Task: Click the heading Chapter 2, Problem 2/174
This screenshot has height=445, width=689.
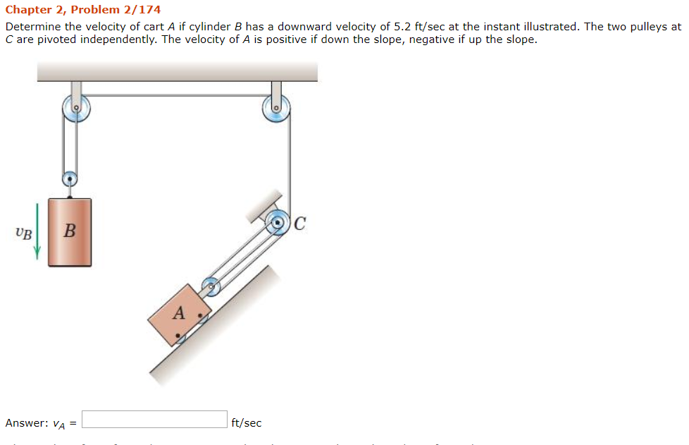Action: pos(83,10)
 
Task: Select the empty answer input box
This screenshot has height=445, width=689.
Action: pos(155,420)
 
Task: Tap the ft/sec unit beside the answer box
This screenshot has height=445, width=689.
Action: pos(247,423)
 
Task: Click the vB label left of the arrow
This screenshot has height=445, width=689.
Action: pos(23,233)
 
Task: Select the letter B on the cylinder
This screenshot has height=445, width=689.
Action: pos(69,231)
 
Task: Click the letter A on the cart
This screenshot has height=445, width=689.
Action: pos(179,312)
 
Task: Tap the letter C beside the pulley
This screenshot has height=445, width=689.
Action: pos(300,224)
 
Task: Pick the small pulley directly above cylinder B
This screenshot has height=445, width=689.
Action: pos(69,179)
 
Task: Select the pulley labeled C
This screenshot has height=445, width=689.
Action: pos(279,224)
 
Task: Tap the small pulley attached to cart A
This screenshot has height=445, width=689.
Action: pos(211,286)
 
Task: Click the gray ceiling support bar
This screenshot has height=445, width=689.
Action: pos(177,71)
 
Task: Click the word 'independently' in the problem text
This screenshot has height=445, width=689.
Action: pos(117,39)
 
